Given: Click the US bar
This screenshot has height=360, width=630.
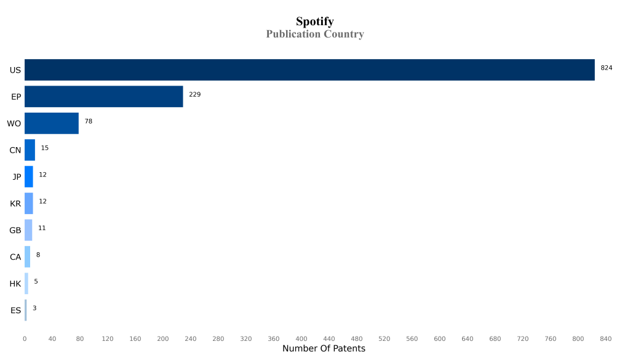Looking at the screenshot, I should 309,70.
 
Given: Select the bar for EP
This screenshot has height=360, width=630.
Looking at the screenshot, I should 104,97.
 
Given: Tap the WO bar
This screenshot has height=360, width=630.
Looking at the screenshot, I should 52,123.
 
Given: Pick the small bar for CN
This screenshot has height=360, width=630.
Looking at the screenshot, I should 30,150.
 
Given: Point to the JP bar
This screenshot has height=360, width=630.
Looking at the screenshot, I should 29,177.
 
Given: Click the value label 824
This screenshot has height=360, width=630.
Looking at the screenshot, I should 606,68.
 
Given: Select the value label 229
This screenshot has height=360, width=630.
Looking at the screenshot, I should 194,94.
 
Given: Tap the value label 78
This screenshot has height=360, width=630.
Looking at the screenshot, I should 89,121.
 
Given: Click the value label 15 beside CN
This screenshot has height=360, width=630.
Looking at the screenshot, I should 45,148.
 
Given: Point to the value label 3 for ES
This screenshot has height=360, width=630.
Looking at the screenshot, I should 34,308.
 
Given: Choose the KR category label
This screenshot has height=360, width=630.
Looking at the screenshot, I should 15,204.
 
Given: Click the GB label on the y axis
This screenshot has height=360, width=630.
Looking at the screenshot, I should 15,230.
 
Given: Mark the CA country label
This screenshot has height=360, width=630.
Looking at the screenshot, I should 15,257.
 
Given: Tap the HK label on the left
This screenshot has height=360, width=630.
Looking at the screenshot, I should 15,284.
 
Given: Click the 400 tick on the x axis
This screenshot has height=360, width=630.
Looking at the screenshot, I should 301,338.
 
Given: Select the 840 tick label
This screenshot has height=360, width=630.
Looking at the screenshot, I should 605,338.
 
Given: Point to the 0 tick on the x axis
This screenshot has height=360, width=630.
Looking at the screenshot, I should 25,338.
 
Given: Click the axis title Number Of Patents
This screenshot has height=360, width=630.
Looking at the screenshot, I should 324,349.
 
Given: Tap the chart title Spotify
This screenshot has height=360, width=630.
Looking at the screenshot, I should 314,22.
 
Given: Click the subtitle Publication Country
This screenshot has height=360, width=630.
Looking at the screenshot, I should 314,34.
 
